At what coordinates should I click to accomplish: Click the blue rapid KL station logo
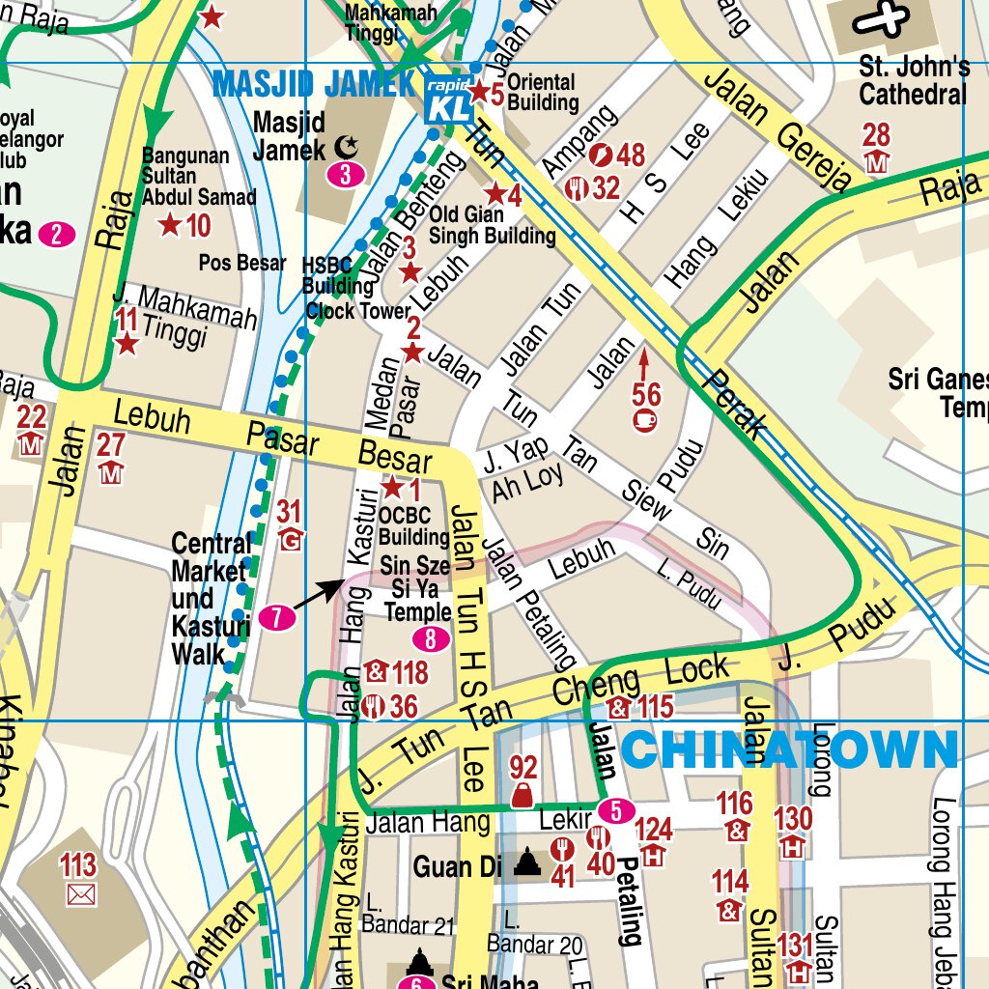[450, 98]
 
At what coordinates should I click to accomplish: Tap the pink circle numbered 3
[345, 175]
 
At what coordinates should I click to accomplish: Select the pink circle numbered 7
[276, 618]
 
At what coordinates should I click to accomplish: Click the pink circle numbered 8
[430, 638]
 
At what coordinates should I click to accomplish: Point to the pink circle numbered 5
[615, 809]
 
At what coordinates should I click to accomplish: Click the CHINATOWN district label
[790, 749]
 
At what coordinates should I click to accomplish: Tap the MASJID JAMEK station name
[313, 84]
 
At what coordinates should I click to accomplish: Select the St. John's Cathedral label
[913, 81]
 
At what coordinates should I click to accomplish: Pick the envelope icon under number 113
[81, 894]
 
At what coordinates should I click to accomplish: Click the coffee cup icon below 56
[644, 420]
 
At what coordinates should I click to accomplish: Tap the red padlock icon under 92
[523, 795]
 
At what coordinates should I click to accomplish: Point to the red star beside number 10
[170, 226]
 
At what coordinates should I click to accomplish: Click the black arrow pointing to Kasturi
[318, 594]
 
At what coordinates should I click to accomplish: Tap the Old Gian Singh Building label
[492, 225]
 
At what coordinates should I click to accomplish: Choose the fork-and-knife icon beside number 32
[579, 188]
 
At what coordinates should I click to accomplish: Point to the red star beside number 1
[393, 488]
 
